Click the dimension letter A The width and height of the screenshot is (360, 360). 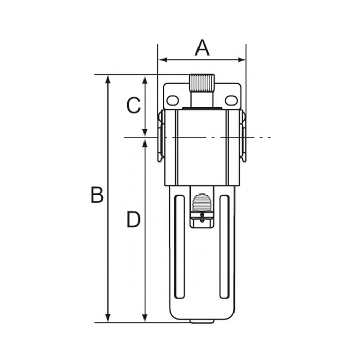(202, 47)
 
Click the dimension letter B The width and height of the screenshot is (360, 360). (97, 195)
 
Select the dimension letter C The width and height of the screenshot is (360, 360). (134, 105)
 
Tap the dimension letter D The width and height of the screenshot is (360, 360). (133, 219)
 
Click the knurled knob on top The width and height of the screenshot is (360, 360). (202, 83)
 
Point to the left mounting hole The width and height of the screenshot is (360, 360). (173, 101)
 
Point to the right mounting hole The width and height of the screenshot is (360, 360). (231, 101)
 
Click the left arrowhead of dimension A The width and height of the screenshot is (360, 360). (163, 60)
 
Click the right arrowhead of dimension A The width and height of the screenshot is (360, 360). (242, 60)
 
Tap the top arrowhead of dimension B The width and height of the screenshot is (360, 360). (108, 79)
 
